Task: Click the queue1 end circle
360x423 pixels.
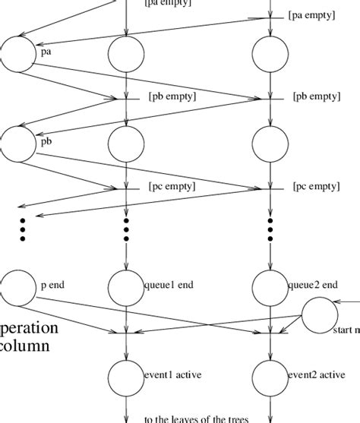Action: pos(125,286)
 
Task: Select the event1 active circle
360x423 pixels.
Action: pos(125,375)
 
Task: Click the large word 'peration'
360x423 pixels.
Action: pos(29,328)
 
